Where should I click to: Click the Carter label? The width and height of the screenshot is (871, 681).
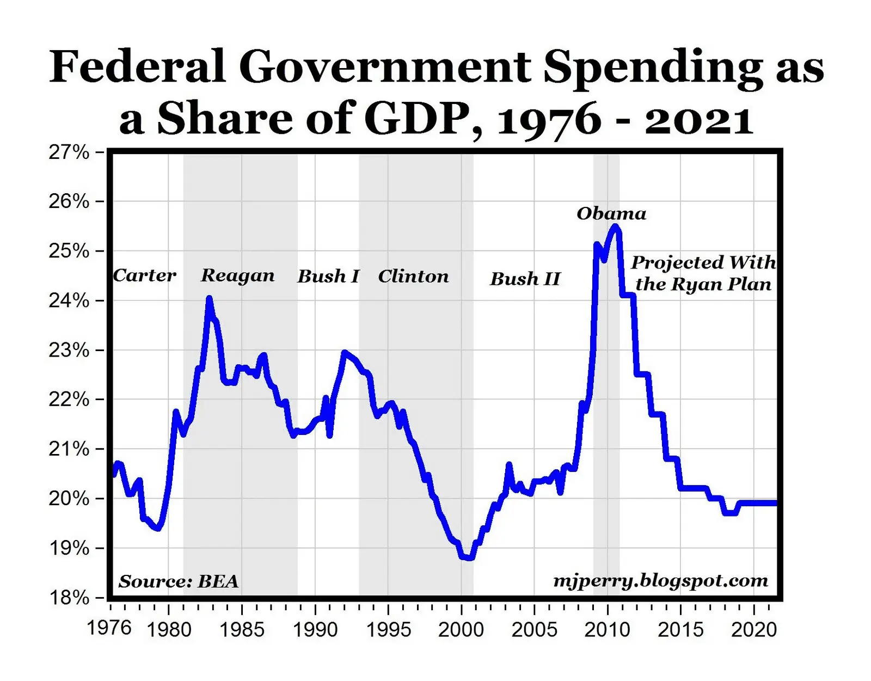click(144, 275)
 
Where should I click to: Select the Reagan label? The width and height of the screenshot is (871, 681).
click(238, 275)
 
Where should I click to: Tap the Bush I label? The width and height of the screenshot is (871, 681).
click(328, 277)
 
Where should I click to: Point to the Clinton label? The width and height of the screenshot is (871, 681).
click(414, 277)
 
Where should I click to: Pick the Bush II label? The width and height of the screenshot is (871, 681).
click(525, 279)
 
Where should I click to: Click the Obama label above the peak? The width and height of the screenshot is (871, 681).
click(611, 213)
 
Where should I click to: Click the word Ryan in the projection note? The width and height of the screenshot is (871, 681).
click(703, 285)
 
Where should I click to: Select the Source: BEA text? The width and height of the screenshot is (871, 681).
click(179, 581)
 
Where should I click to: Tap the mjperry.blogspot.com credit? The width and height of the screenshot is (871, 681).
click(660, 581)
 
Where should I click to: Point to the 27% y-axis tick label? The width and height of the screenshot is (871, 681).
click(69, 152)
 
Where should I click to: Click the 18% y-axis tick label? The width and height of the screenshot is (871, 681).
click(69, 598)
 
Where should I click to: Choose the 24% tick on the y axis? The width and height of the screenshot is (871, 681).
click(69, 300)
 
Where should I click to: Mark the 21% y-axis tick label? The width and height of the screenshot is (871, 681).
click(69, 449)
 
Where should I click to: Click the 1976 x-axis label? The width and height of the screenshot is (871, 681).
click(109, 628)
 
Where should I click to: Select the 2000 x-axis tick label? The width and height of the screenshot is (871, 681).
click(461, 630)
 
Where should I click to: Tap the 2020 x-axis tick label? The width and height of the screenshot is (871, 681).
click(754, 630)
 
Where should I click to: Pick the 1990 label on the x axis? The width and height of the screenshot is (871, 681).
click(315, 630)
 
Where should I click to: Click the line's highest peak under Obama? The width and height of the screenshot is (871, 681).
click(615, 226)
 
